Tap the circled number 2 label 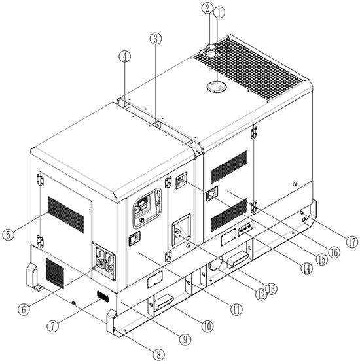pos(207,8)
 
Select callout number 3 pos(155,39)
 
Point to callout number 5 pos(9,235)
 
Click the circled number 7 pos(52,326)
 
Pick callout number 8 pos(158,354)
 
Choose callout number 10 pos(207,326)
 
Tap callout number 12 pos(261,294)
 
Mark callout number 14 pos(306,269)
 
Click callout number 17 pos(352,242)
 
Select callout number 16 pos(334,252)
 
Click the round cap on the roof pos(217,86)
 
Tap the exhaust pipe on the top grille pos(211,52)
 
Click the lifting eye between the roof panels pos(157,124)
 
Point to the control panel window pos(147,208)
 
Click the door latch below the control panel pos(134,239)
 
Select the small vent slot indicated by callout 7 pos(103,296)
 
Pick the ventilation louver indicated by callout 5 pos(66,215)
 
